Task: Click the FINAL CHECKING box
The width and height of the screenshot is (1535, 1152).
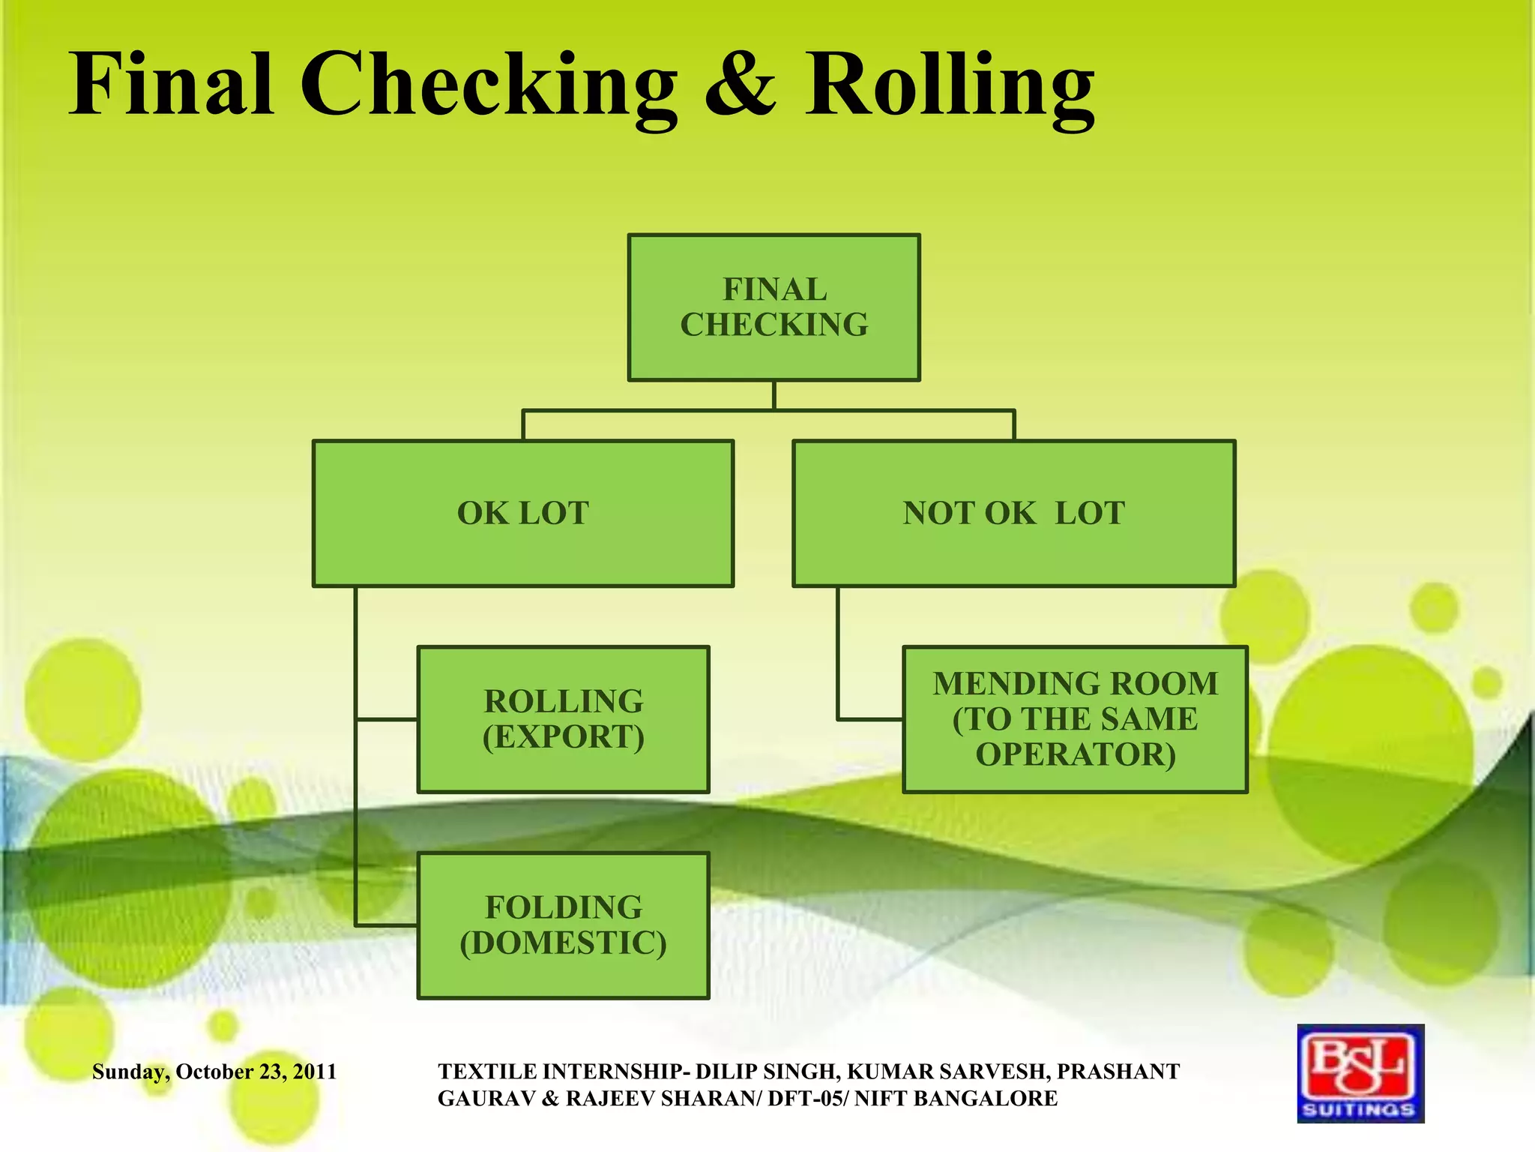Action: point(773,307)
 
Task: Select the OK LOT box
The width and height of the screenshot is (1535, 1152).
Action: point(522,513)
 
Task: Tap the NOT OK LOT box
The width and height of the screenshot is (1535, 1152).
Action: point(1013,513)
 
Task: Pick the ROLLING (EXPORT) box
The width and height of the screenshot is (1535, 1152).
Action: point(563,718)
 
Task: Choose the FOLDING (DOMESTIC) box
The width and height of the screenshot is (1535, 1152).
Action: point(563,925)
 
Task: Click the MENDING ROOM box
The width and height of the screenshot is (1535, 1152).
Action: point(1075,718)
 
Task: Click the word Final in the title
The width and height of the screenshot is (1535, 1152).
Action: point(171,84)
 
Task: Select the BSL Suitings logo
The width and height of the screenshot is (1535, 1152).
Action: point(1360,1072)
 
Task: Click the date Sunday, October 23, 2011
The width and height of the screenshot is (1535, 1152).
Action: point(214,1072)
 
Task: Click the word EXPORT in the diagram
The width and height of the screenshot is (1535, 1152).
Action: point(564,737)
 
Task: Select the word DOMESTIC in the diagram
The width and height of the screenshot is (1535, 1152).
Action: point(564,943)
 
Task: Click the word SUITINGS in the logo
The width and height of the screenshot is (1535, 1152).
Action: point(1359,1109)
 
